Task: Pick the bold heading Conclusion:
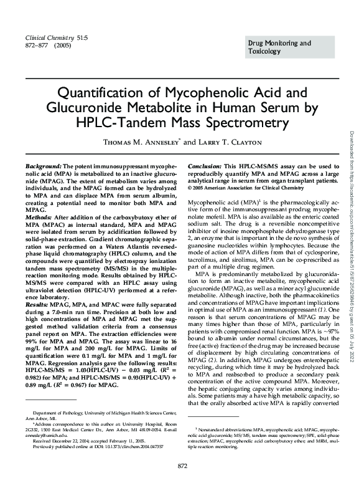click(x=205, y=168)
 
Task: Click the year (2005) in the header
click(x=62, y=45)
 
